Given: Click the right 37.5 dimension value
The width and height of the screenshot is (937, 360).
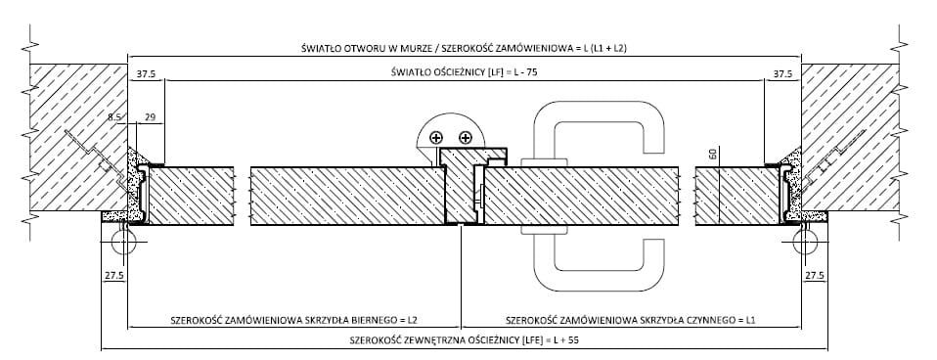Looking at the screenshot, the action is (782, 74).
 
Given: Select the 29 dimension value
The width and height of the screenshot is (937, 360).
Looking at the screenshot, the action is (151, 118).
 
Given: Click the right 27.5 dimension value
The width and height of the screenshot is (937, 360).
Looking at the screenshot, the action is (815, 276).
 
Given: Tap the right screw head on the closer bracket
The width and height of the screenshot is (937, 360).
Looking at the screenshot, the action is (467, 138).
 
